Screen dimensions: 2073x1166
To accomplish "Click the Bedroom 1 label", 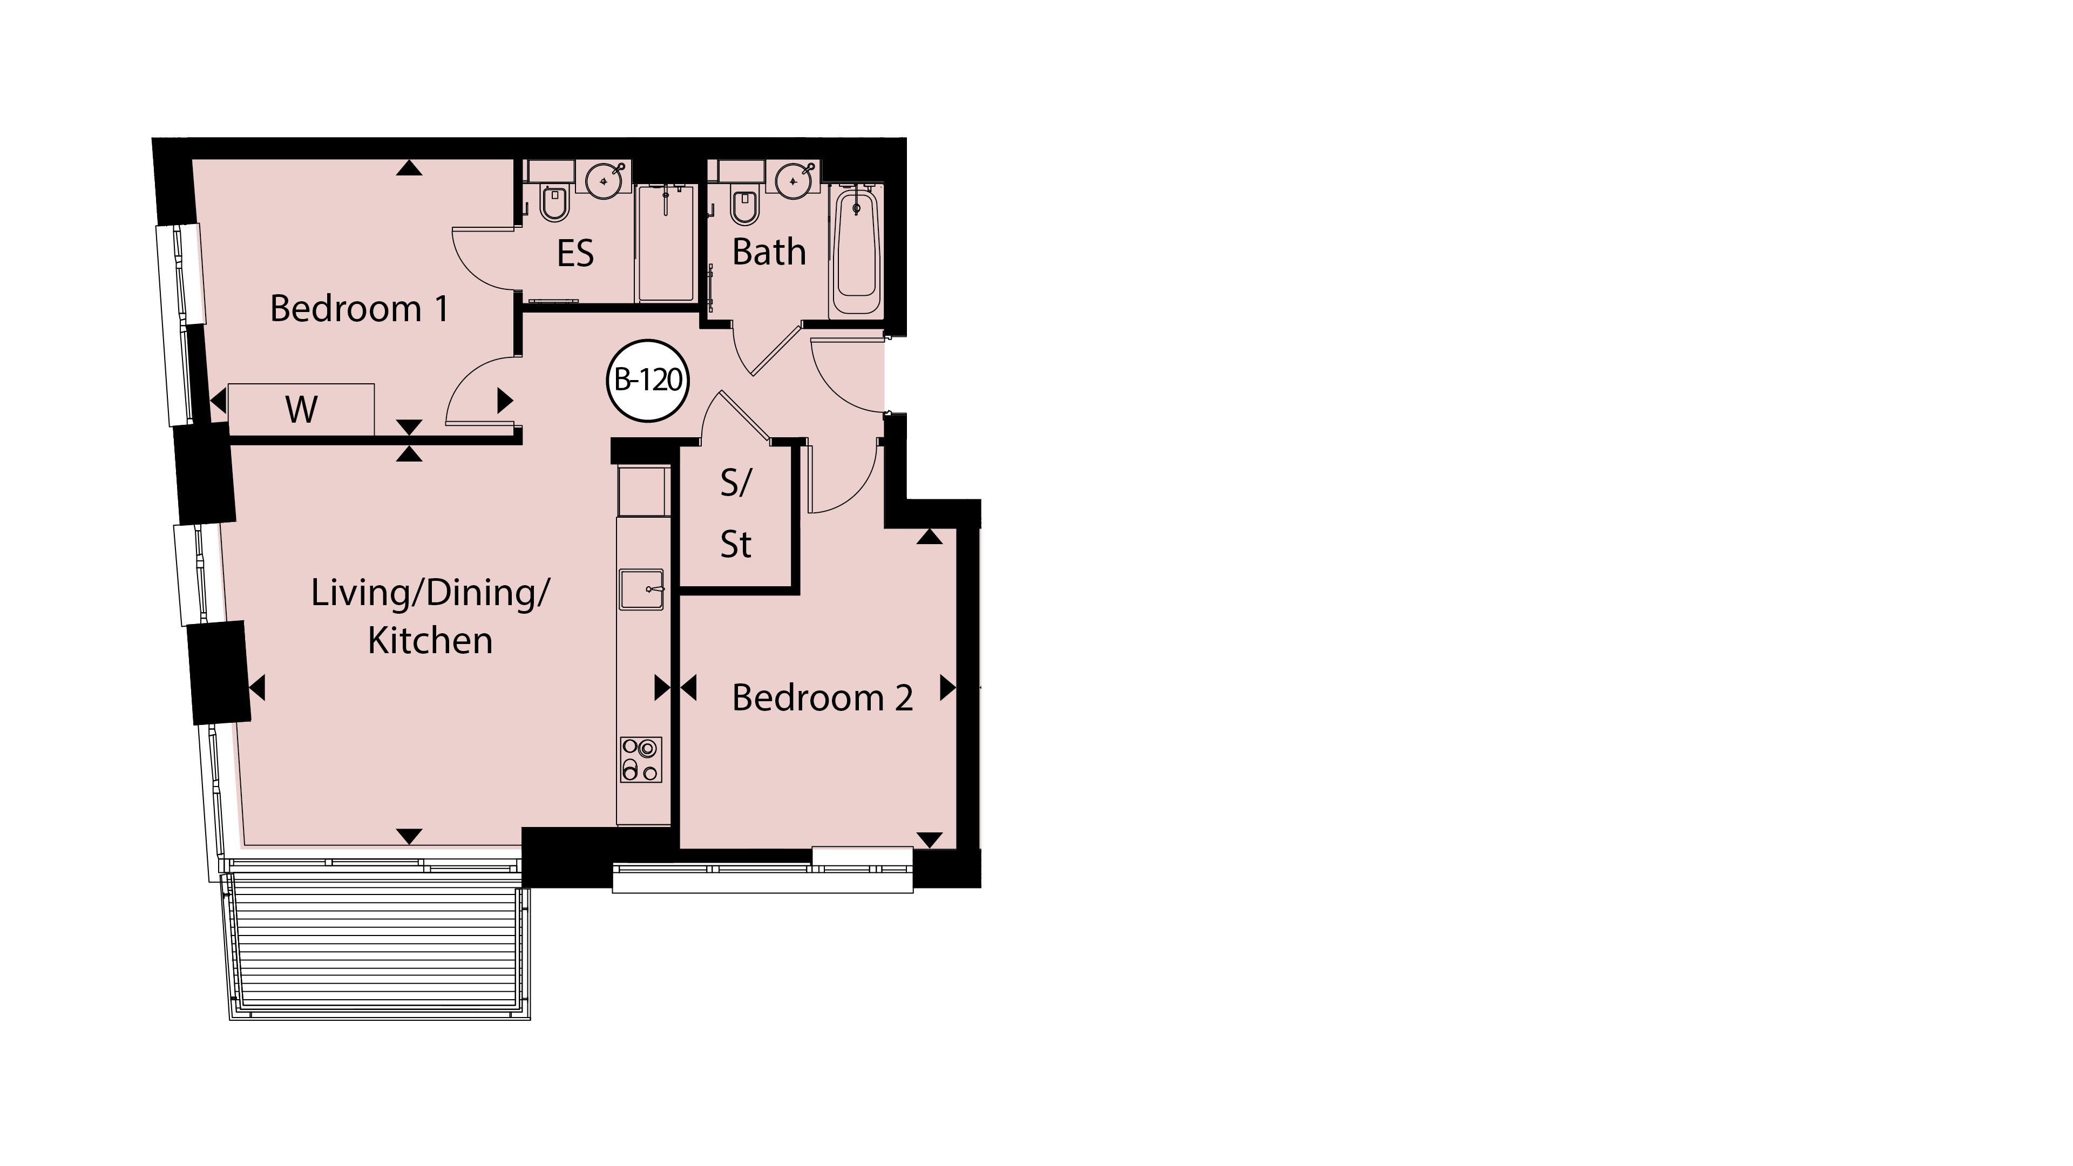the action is pyautogui.click(x=359, y=308).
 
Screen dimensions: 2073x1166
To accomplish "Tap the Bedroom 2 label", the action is pyautogui.click(x=822, y=697).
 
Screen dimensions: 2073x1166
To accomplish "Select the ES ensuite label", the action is pyautogui.click(x=575, y=254).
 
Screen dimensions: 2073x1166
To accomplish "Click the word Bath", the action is pyautogui.click(x=769, y=252).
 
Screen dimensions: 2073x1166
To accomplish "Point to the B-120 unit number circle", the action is pyautogui.click(x=648, y=381).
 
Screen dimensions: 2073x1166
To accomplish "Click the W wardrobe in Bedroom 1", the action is pyautogui.click(x=301, y=410).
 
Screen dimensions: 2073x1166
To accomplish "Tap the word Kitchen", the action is pyautogui.click(x=430, y=641).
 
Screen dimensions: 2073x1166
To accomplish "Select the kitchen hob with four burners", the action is pyautogui.click(x=641, y=760).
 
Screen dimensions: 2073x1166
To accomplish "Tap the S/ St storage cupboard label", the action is pyautogui.click(x=735, y=513).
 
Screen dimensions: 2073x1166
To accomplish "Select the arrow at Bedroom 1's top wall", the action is pyautogui.click(x=410, y=167).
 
